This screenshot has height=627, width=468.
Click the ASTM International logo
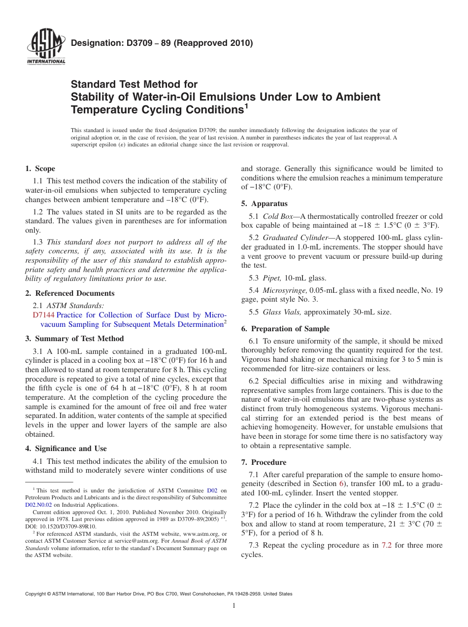[46, 48]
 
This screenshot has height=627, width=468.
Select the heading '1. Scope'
[40, 169]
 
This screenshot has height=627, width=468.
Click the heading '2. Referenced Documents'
[69, 293]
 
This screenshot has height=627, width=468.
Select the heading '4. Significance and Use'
[66, 449]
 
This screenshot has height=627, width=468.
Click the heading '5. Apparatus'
[264, 204]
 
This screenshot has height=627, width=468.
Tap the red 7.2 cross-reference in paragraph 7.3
[386, 545]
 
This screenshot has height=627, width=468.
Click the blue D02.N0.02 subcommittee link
[38, 504]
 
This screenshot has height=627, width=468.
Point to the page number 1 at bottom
[234, 606]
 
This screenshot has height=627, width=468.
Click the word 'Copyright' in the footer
[37, 594]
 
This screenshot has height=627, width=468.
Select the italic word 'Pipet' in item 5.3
[271, 278]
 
